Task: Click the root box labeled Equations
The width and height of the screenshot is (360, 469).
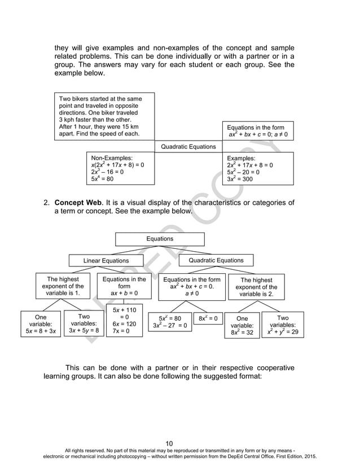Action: (x=160, y=239)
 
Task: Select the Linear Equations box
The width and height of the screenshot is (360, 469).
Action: (x=106, y=261)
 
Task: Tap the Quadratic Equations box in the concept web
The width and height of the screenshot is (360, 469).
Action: (x=216, y=260)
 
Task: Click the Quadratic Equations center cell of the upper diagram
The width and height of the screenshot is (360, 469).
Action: (x=188, y=147)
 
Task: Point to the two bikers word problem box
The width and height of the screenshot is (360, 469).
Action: (x=104, y=117)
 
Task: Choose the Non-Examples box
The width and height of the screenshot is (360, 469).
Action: (x=120, y=168)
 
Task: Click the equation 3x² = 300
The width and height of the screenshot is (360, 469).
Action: (x=240, y=179)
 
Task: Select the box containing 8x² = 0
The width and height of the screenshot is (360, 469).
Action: (x=208, y=318)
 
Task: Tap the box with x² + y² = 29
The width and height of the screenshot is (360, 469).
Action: (x=283, y=326)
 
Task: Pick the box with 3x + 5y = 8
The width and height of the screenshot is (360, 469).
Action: (x=84, y=323)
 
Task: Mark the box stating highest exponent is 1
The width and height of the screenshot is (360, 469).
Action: (x=63, y=287)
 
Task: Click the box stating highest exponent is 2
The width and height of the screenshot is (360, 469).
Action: (x=256, y=287)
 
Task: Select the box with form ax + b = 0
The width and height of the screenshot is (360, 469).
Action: (x=124, y=287)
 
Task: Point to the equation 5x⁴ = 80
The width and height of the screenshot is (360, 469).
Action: (x=102, y=179)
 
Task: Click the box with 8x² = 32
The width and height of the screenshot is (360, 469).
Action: (x=242, y=326)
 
